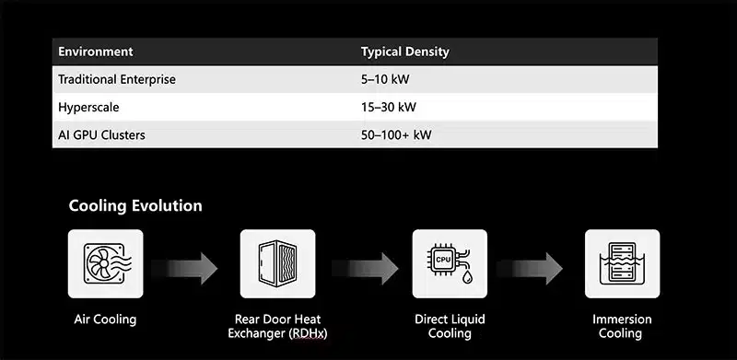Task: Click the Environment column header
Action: [x=96, y=52]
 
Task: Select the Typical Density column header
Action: [x=404, y=52]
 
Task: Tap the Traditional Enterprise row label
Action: [x=117, y=79]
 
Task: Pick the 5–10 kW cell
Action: [x=385, y=79]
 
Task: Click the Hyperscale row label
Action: [x=88, y=107]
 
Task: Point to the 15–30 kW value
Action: [x=388, y=107]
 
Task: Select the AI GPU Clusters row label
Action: [x=101, y=135]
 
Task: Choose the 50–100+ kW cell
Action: [x=396, y=135]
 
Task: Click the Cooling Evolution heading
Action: [x=135, y=206]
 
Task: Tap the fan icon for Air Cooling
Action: [x=105, y=263]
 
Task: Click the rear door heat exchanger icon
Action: [x=278, y=263]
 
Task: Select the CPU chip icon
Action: [x=450, y=263]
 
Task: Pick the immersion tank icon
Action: [x=623, y=263]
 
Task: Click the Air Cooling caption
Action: [x=105, y=319]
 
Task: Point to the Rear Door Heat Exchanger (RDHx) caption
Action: [x=278, y=327]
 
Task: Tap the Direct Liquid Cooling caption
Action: [x=450, y=327]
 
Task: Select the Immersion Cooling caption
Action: [x=622, y=327]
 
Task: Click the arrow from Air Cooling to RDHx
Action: [x=185, y=268]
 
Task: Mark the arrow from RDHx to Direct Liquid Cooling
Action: [x=365, y=268]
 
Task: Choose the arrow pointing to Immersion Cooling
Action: [x=530, y=268]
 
